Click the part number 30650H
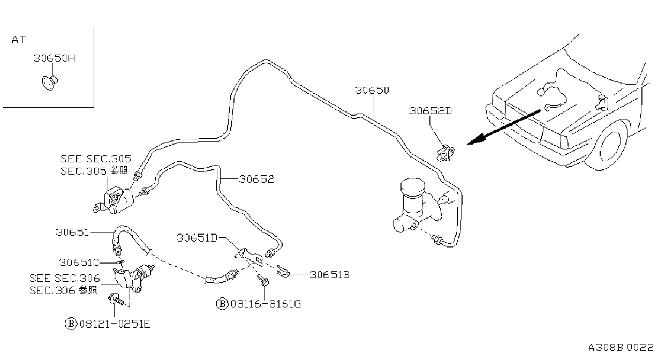(x=54, y=58)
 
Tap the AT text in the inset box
(x=19, y=40)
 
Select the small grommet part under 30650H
(x=50, y=82)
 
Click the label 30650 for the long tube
(x=372, y=90)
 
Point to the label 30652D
(x=430, y=111)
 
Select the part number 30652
(x=256, y=179)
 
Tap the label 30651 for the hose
(x=72, y=232)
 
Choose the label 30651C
(x=79, y=262)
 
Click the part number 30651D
(x=197, y=238)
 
